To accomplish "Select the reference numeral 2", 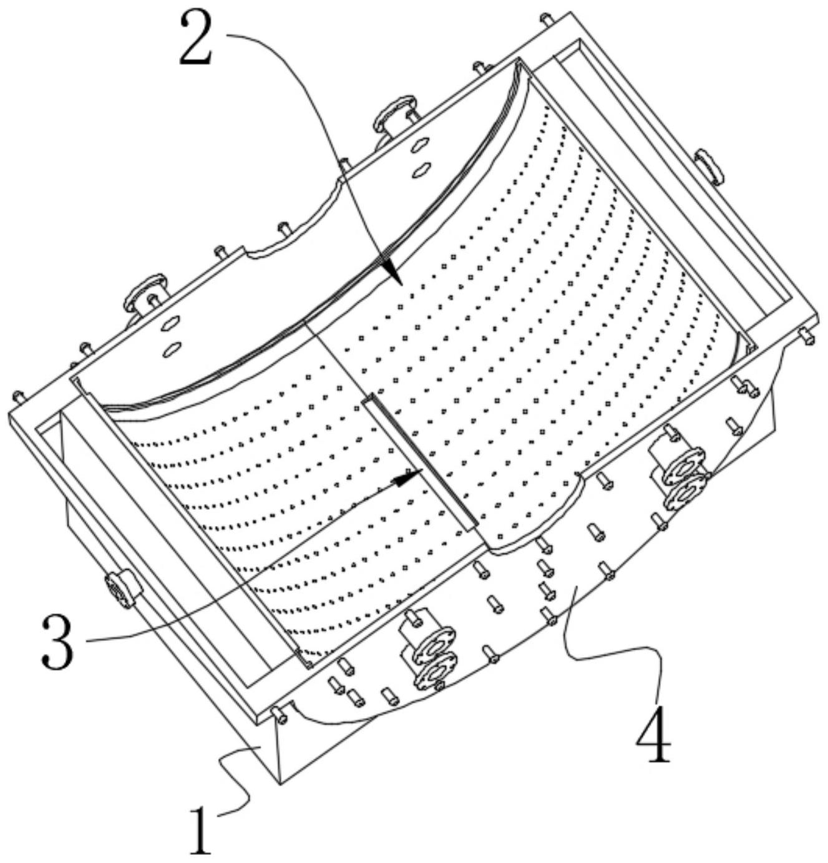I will tap(196, 39).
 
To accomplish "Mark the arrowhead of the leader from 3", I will tap(409, 478).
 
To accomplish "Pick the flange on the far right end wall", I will tap(710, 165).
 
